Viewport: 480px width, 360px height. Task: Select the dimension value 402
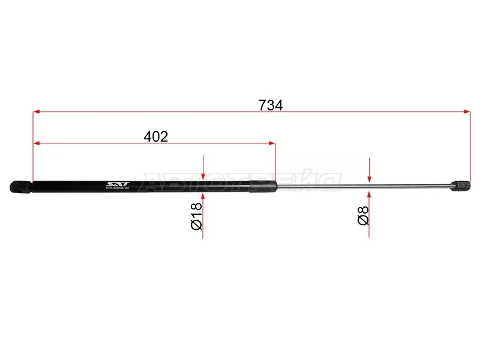(156, 137)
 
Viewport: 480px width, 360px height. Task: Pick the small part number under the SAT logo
(122, 189)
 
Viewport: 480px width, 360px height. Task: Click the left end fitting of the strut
(20, 187)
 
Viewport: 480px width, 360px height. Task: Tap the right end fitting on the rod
(461, 186)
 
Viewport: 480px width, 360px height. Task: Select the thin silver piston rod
(360, 187)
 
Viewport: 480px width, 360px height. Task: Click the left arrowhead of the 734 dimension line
(36, 112)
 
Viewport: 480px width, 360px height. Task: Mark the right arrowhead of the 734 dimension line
(467, 112)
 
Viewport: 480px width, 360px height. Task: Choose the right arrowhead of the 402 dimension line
(272, 143)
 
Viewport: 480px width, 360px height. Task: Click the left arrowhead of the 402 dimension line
(36, 143)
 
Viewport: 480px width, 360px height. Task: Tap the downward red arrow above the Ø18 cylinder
(204, 174)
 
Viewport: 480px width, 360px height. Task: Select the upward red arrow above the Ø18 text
(204, 198)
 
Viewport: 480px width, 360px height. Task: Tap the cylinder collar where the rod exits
(263, 187)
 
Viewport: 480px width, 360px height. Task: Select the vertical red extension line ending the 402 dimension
(275, 162)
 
